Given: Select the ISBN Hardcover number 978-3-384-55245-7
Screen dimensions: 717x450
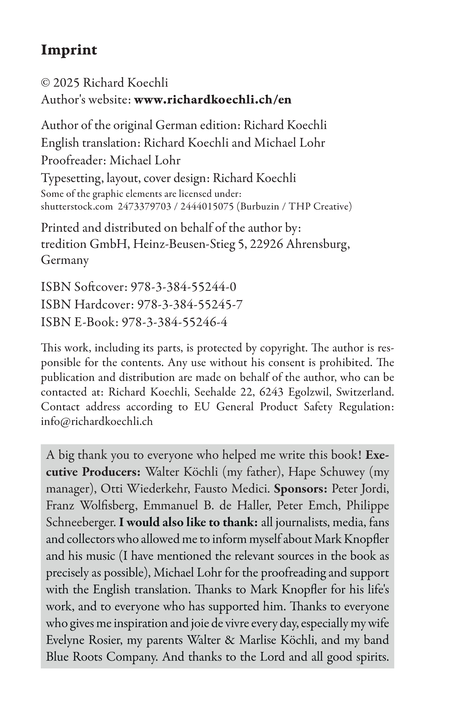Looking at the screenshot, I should click(x=190, y=305).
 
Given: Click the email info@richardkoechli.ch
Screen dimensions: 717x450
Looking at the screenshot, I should click(x=97, y=421).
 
